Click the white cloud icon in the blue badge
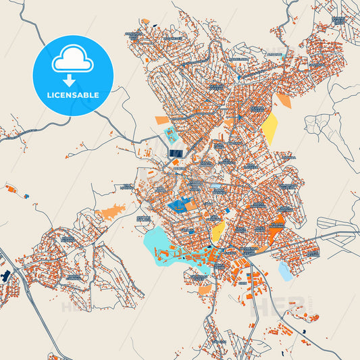pyautogui.click(x=72, y=61)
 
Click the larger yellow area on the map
pyautogui.click(x=269, y=128)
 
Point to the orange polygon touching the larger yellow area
pyautogui.click(x=282, y=101)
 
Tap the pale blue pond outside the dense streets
pyautogui.click(x=286, y=271)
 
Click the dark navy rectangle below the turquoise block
pyautogui.click(x=175, y=153)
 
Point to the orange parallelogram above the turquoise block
pyautogui.click(x=162, y=120)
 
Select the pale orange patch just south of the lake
pyautogui.click(x=204, y=289)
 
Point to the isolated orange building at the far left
pyautogui.click(x=9, y=189)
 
